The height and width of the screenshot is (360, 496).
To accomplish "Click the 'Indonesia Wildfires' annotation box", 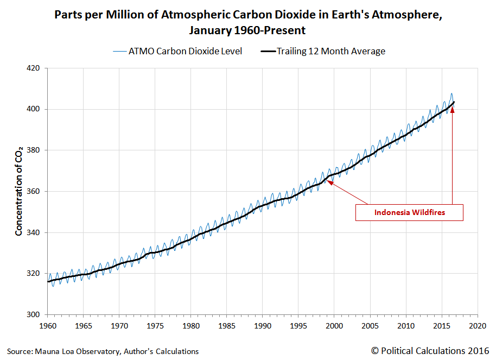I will [x=409, y=212].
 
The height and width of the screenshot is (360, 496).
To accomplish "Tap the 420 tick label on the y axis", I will [x=34, y=68].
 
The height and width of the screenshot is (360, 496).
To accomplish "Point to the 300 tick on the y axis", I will [x=34, y=314].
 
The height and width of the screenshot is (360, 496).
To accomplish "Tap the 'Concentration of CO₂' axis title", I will [x=19, y=191].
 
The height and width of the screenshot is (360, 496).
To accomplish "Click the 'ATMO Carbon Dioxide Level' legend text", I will [x=185, y=52].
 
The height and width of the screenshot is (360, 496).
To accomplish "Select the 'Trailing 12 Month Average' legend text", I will [x=331, y=52].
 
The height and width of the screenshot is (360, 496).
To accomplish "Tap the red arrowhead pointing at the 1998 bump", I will [x=329, y=183].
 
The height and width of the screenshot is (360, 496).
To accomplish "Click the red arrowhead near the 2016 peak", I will [x=452, y=110].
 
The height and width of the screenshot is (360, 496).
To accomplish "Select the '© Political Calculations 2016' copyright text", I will [x=430, y=351].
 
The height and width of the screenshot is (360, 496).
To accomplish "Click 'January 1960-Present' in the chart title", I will [x=247, y=30].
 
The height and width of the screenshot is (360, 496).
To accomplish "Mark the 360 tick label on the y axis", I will [x=34, y=192].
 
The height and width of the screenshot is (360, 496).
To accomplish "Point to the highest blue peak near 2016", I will [x=452, y=93].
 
